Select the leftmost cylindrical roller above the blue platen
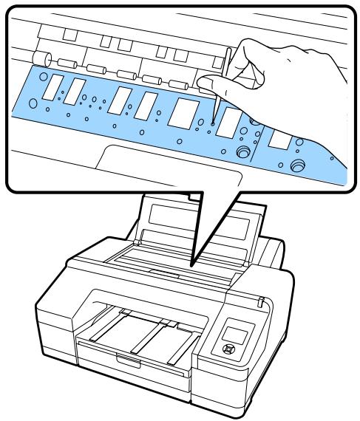click(x=42, y=60)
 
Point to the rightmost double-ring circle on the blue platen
click(x=298, y=164)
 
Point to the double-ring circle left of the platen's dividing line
click(x=240, y=153)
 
